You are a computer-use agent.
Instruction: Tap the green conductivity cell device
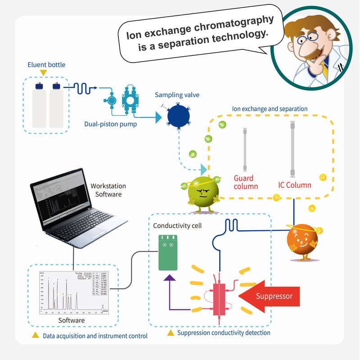168,252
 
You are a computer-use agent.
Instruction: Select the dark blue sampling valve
180,115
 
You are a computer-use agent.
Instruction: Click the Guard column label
246,182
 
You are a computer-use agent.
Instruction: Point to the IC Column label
295,184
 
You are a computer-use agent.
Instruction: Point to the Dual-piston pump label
111,124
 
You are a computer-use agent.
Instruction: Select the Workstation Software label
108,190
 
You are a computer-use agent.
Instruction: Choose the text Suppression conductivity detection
224,333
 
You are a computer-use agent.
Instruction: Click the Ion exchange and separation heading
270,109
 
